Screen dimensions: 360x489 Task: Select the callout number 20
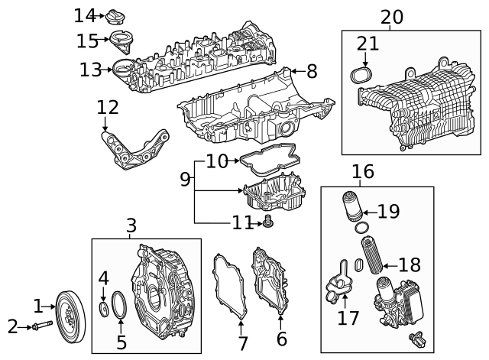click(391, 16)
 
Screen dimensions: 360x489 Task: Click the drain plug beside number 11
click(267, 222)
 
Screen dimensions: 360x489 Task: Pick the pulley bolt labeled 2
click(38, 327)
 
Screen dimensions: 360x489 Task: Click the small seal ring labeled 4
click(104, 310)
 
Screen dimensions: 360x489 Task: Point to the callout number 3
click(131, 225)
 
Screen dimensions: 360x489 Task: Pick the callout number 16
click(363, 171)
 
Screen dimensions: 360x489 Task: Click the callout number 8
click(311, 72)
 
